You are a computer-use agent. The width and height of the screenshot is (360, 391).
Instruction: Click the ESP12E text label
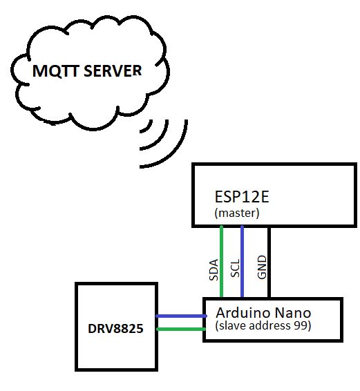tap(241, 197)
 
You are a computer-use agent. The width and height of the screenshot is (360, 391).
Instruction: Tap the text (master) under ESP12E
tap(237, 213)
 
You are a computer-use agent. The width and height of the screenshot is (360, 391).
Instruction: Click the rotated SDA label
tap(214, 270)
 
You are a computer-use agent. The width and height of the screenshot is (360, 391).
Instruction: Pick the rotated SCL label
tap(235, 270)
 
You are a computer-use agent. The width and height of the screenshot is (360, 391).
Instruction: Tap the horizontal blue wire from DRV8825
tap(181, 316)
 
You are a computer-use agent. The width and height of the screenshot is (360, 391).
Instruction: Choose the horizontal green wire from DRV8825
tap(181, 329)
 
